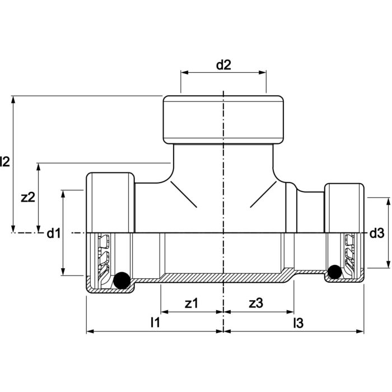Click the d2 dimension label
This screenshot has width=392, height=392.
[223, 65]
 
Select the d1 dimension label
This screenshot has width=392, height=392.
[53, 234]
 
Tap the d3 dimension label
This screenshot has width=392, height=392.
[376, 234]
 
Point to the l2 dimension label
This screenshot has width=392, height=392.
[5, 162]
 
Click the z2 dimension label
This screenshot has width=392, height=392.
[27, 197]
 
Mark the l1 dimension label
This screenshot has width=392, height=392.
[155, 323]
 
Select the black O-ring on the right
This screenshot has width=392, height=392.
[334, 272]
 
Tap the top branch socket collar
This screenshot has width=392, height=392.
[223, 119]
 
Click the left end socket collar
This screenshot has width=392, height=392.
[110, 203]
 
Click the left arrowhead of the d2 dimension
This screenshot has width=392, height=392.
[184, 73]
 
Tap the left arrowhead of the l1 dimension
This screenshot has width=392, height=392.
[90, 331]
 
